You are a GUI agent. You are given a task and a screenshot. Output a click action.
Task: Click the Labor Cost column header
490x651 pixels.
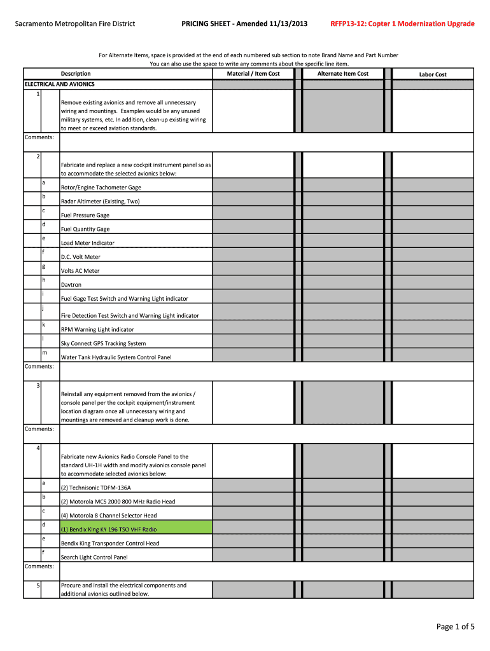432,74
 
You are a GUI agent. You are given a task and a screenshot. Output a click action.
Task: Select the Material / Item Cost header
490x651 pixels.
253,74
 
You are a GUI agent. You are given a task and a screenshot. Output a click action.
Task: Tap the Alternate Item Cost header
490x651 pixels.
343,74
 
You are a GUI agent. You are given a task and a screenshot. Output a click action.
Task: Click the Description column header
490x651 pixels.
76,74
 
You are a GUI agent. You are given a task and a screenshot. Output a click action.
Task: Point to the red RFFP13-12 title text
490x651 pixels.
402,24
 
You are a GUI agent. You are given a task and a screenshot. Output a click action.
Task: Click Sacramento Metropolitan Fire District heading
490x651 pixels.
75,24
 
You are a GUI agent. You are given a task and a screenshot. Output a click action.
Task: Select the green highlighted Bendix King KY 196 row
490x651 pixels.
109,529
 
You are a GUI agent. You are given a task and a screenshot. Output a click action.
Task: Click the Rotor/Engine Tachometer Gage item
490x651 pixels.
101,188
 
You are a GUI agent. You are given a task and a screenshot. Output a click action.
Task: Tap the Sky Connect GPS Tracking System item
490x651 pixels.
103,343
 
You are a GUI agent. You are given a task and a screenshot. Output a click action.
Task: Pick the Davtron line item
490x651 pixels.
71,285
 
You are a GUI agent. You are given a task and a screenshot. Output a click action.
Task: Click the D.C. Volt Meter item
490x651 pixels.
80,257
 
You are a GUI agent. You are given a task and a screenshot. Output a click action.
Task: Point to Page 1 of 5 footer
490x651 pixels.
455,627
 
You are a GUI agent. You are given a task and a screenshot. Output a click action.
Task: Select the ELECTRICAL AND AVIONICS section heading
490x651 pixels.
59,84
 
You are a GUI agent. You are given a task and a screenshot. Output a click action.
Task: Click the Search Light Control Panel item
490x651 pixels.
94,558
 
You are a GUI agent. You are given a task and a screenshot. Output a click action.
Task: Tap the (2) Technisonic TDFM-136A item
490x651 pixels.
95,488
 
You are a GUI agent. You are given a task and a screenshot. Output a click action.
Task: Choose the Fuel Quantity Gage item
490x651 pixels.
85,229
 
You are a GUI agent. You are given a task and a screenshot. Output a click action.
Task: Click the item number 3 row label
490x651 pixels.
38,386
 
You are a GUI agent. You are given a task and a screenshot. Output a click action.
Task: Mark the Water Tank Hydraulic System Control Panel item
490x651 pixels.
116,357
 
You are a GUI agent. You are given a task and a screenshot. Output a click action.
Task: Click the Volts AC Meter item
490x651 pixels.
80,271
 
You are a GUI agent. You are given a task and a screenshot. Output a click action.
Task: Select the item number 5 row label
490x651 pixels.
38,586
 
